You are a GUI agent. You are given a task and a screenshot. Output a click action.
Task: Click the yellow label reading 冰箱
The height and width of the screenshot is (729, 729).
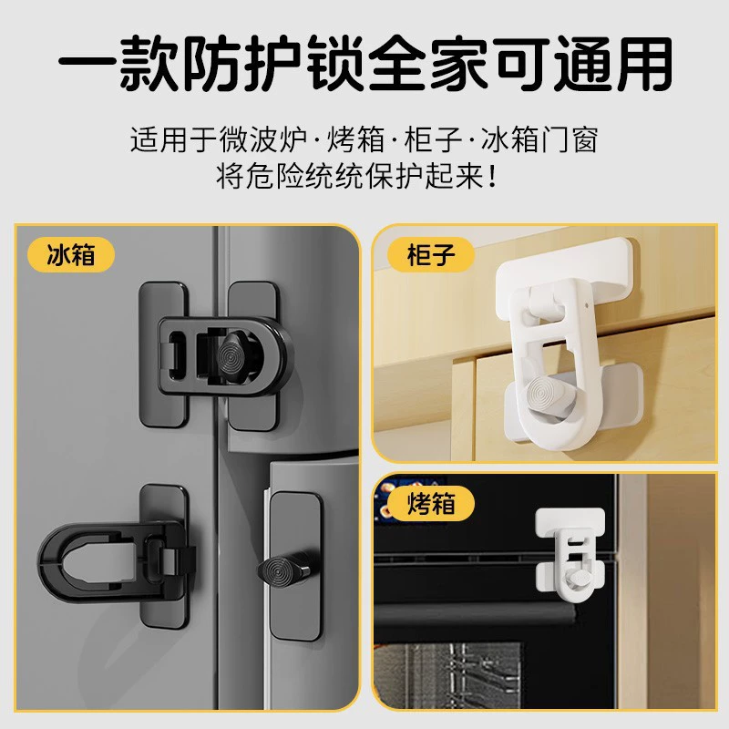(x=71, y=255)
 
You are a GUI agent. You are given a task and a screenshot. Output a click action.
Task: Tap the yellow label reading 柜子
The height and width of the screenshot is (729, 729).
(x=430, y=255)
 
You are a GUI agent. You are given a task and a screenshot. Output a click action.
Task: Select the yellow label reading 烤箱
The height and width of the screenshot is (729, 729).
(x=430, y=504)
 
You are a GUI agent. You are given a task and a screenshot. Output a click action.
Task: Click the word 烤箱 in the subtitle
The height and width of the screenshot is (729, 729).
(x=356, y=139)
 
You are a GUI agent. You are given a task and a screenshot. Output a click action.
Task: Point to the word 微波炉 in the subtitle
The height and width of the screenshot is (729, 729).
(x=262, y=139)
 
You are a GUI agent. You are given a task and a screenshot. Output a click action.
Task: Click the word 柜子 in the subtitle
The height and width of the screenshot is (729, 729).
(x=432, y=139)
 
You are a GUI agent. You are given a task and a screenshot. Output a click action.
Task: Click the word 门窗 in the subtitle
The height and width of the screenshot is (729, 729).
(x=568, y=139)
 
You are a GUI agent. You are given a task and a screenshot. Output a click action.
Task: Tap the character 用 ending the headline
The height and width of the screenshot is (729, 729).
(x=643, y=63)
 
